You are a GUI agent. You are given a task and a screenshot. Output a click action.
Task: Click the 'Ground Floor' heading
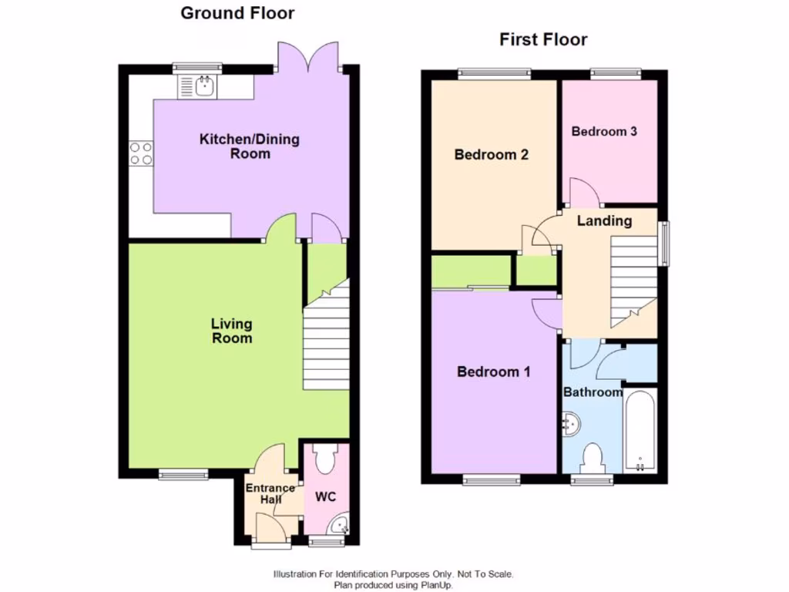click(237, 13)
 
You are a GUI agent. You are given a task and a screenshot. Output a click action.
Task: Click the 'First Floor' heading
click(543, 39)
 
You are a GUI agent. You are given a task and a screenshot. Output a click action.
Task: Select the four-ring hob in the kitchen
click(141, 153)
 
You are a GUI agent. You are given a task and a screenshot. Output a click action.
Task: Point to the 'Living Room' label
click(231, 331)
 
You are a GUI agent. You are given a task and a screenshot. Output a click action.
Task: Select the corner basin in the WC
click(338, 526)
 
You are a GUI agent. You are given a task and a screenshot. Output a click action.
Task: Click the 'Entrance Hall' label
click(270, 493)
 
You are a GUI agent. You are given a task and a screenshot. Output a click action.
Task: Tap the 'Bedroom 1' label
click(493, 372)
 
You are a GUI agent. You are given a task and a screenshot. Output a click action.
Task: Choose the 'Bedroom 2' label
click(491, 155)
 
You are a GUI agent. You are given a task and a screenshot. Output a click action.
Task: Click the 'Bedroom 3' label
click(604, 131)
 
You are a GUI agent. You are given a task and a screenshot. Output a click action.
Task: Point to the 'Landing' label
click(604, 221)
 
